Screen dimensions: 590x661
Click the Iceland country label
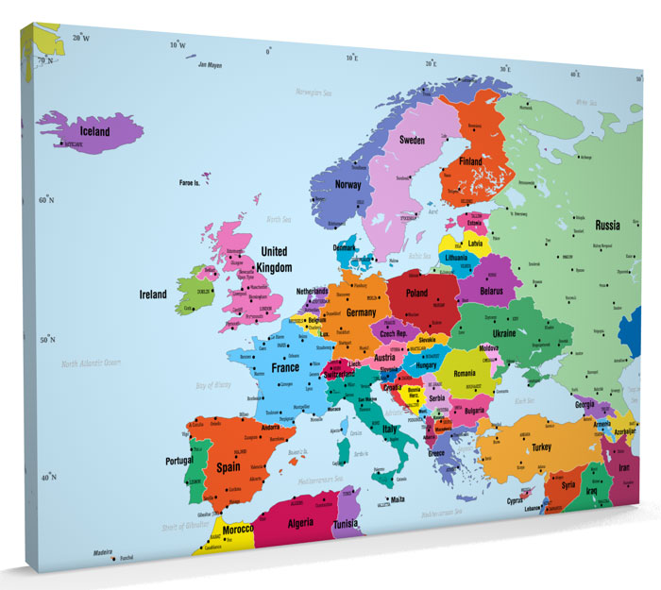coord(94,132)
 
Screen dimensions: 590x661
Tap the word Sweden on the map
coord(412,140)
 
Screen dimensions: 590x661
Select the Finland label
coord(470,161)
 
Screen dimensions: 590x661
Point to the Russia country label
coord(607,226)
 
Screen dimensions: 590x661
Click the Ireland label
coord(153,295)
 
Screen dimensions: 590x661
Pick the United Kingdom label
coord(275,260)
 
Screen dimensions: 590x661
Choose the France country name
coord(286,368)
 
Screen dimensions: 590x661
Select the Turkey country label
coord(541,447)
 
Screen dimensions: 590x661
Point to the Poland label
coord(416,294)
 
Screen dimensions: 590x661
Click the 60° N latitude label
coord(46,200)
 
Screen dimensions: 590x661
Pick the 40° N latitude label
coord(46,478)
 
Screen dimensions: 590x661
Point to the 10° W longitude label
coord(177,44)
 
